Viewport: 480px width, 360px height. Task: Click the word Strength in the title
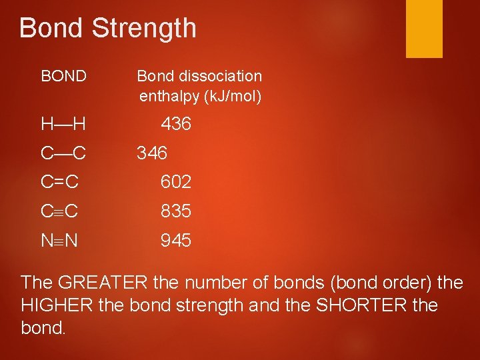145,28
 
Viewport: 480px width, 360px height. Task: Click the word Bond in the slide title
52,28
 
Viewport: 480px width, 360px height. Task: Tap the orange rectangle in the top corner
425,28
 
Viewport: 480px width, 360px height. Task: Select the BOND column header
63,77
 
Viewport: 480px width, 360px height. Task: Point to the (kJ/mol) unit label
232,97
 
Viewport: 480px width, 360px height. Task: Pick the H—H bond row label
63,125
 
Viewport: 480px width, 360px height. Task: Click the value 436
176,124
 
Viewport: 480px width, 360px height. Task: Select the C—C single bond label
63,154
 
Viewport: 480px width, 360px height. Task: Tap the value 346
152,154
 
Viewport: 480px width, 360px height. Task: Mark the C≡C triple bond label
60,212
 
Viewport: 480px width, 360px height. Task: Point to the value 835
176,212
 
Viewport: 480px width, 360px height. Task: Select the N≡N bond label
60,241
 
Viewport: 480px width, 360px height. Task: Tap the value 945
176,241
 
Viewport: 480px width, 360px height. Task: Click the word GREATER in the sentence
103,283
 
